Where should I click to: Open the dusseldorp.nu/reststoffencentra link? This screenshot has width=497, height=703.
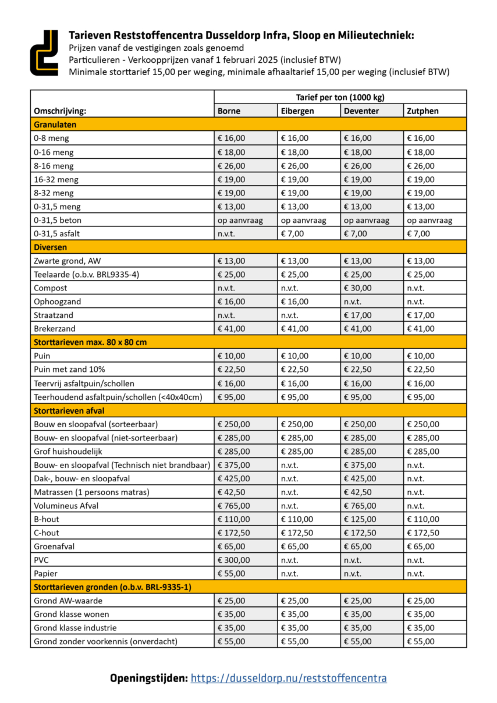pyautogui.click(x=289, y=678)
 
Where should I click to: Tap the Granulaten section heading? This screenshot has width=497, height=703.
pyautogui.click(x=55, y=125)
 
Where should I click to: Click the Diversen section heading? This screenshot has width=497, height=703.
pyautogui.click(x=51, y=247)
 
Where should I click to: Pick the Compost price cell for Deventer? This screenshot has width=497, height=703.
pyautogui.click(x=358, y=288)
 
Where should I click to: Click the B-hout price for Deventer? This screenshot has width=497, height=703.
pyautogui.click(x=360, y=519)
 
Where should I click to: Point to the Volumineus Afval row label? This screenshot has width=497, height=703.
pyautogui.click(x=66, y=506)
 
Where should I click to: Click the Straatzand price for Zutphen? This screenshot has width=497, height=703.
pyautogui.click(x=420, y=315)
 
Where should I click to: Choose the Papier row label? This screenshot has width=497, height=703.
pyautogui.click(x=46, y=573)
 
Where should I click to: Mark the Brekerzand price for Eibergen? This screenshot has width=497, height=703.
pyautogui.click(x=296, y=328)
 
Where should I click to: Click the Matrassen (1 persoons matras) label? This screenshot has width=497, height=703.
pyautogui.click(x=91, y=492)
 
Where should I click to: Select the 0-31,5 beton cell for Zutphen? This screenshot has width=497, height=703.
pyautogui.click(x=429, y=220)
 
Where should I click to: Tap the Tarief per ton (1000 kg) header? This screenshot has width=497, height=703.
pyautogui.click(x=340, y=97)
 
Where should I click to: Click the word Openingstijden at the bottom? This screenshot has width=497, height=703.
pyautogui.click(x=148, y=678)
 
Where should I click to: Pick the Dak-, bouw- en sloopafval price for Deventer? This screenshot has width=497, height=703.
pyautogui.click(x=360, y=478)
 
